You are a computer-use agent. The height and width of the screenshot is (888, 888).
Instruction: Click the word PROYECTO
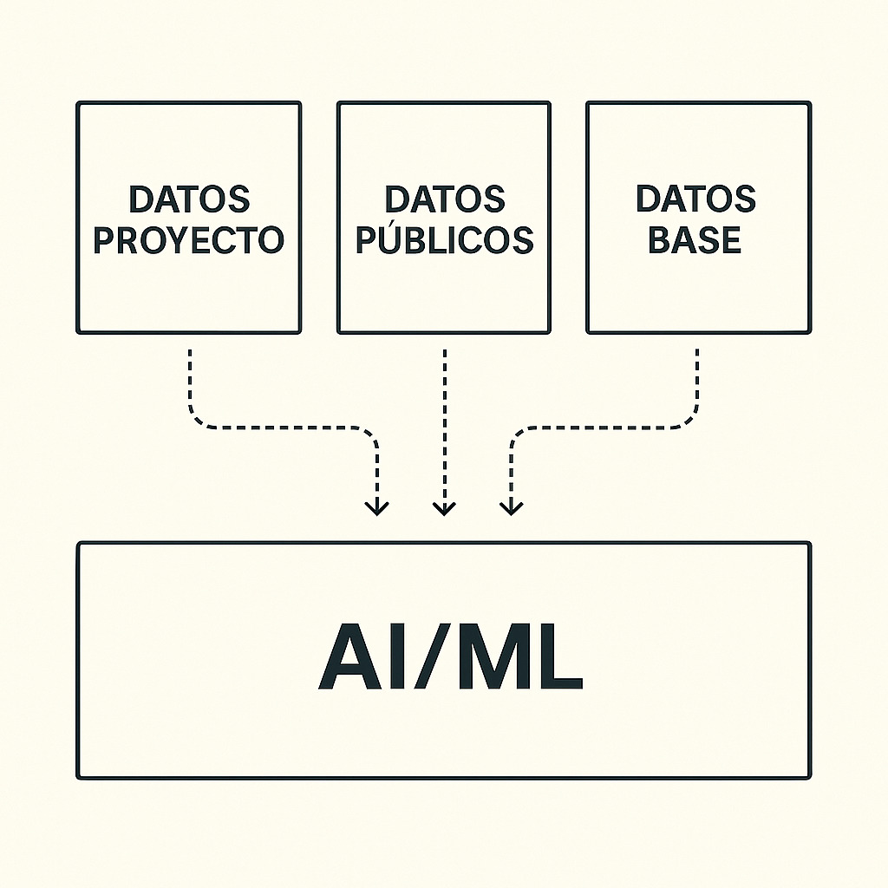[188, 239]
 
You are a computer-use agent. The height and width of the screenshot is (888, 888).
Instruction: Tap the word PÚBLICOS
[444, 239]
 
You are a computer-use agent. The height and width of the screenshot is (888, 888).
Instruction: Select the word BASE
[695, 239]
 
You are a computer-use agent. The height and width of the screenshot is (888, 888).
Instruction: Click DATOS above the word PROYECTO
[189, 199]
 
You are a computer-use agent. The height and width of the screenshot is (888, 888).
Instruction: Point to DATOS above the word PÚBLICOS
[444, 199]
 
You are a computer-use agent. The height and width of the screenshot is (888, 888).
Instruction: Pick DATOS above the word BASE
[695, 199]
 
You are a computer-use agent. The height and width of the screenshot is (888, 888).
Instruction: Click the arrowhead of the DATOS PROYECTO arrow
[376, 507]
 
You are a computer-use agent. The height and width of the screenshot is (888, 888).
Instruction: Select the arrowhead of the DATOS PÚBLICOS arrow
[444, 507]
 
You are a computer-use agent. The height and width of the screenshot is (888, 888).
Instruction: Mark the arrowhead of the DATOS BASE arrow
[512, 507]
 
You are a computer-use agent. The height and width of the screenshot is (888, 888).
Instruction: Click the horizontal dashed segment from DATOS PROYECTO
[286, 427]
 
